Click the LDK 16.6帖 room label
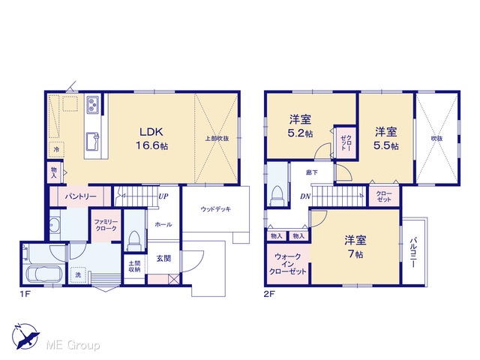click(x=151, y=139)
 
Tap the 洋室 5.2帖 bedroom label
click(x=300, y=126)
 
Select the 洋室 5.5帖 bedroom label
click(x=386, y=139)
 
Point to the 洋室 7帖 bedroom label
click(x=355, y=247)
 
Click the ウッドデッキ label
click(x=216, y=209)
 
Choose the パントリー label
click(x=80, y=196)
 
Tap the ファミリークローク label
click(x=106, y=225)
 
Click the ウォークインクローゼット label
click(x=287, y=264)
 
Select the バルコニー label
click(x=413, y=252)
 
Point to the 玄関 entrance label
click(x=163, y=259)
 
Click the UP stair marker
click(x=163, y=196)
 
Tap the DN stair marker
click(x=305, y=196)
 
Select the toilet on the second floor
click(x=277, y=196)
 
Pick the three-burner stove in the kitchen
click(x=92, y=104)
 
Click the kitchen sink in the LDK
click(x=93, y=142)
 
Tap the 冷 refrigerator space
click(x=56, y=149)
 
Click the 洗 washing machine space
click(x=78, y=274)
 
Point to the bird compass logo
click(x=25, y=336)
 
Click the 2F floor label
click(x=269, y=294)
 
